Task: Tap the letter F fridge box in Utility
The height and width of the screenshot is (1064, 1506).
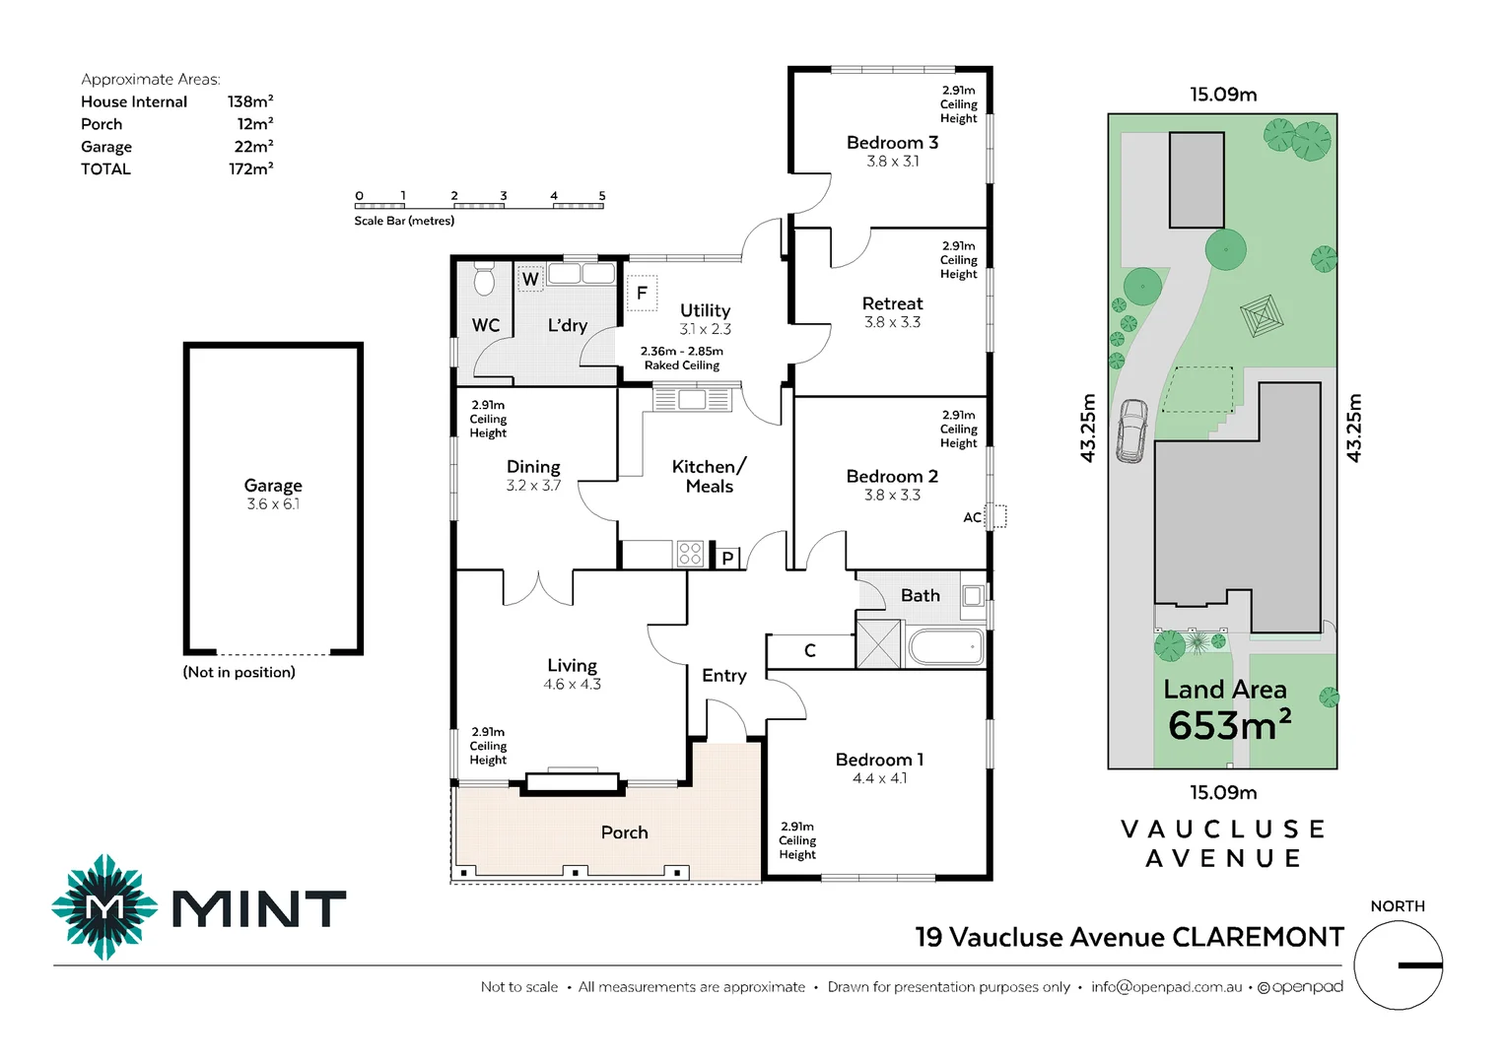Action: (642, 293)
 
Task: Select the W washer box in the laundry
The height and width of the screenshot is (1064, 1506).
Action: (530, 279)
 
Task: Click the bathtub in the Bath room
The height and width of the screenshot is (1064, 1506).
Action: (945, 647)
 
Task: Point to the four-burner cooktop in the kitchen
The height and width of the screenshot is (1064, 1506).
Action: (690, 554)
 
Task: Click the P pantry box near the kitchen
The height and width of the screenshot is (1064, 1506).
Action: (727, 559)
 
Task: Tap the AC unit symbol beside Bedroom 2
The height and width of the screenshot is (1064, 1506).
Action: (996, 516)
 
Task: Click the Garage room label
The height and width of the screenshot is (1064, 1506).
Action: (273, 486)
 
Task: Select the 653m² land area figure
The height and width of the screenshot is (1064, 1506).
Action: (1229, 726)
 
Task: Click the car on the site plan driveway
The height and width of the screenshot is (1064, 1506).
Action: (1131, 431)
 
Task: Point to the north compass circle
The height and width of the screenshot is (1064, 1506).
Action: (1398, 964)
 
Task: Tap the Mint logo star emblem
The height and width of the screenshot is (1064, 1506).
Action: (104, 906)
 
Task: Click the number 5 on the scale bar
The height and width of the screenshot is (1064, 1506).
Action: (602, 196)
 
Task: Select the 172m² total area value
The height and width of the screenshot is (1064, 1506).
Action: (250, 168)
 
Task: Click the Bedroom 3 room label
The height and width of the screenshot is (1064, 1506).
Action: (892, 143)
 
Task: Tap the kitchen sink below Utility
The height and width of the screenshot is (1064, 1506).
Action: (692, 399)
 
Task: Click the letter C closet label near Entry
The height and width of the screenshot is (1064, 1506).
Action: (810, 650)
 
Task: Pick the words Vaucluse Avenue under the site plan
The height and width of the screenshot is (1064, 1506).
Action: (1223, 843)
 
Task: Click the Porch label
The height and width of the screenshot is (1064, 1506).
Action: (624, 832)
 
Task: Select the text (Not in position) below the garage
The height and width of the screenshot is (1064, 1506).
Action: (239, 672)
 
